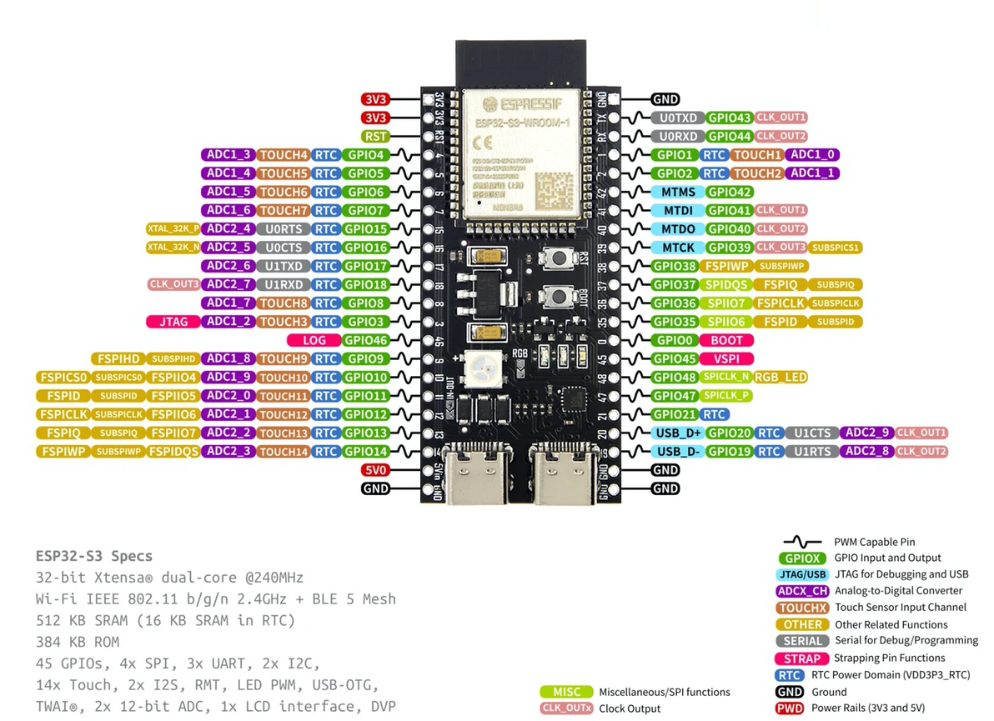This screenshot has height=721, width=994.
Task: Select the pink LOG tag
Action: point(314,340)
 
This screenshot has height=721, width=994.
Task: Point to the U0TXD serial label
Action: point(678,118)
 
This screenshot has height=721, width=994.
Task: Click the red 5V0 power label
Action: point(375,470)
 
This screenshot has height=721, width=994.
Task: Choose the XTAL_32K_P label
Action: point(173,229)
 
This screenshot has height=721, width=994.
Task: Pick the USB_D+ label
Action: point(678,433)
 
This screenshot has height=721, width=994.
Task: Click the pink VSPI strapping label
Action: point(726,359)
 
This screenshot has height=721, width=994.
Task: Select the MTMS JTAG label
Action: point(678,192)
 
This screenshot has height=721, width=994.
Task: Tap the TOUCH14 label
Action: point(284,452)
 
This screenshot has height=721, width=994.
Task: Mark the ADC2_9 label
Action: point(866,433)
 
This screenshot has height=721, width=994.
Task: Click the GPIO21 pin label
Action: point(675,414)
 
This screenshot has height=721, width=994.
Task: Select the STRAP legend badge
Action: point(801,658)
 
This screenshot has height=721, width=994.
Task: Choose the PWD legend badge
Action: point(789,708)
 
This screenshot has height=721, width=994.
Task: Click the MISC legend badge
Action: point(566,692)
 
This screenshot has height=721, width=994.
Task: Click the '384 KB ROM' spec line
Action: point(78,642)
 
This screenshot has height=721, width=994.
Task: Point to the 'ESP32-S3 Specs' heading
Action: point(94,556)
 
